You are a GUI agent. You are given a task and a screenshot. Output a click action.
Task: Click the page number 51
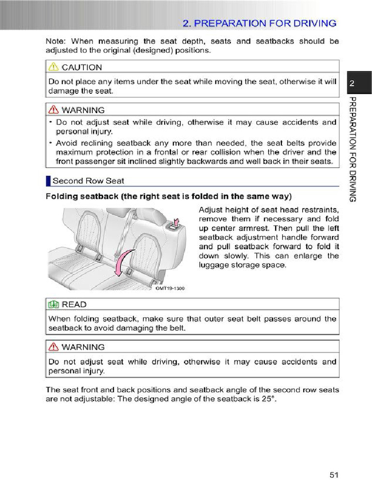[333, 475]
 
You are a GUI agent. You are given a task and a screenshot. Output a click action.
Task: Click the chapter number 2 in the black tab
[353, 84]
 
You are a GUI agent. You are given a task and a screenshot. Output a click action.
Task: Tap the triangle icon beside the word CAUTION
[54, 67]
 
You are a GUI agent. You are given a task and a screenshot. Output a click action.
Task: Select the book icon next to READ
[54, 304]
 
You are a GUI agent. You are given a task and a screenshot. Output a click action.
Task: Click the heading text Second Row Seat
[88, 181]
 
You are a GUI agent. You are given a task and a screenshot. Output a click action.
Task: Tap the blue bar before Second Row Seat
[48, 181]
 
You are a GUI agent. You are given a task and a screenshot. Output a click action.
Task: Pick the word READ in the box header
[74, 304]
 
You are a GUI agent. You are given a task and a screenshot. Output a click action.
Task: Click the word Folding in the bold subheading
[62, 196]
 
